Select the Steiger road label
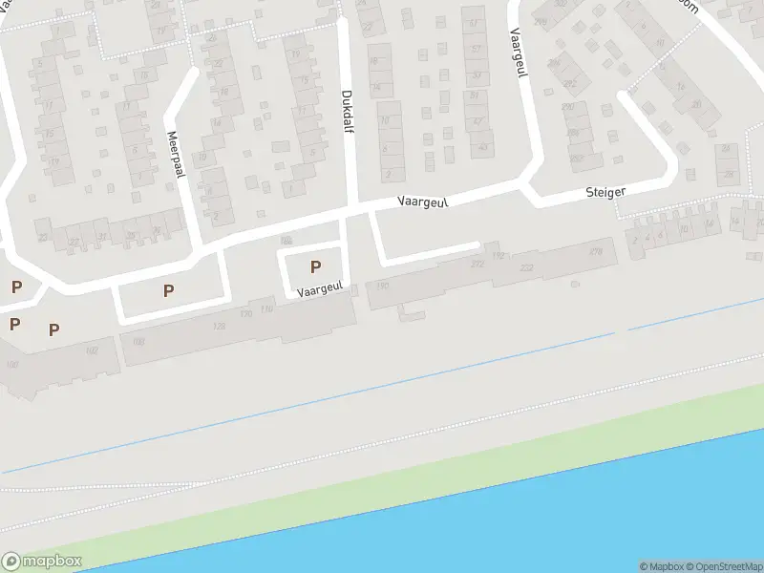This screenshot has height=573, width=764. pyautogui.click(x=605, y=192)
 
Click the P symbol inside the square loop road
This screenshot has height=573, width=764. pyautogui.click(x=315, y=267)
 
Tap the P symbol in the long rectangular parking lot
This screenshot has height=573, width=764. pyautogui.click(x=169, y=290)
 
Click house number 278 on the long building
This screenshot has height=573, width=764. pyautogui.click(x=596, y=252)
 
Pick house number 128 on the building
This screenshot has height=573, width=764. pyautogui.click(x=220, y=327)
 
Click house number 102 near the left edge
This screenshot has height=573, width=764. pyautogui.click(x=92, y=350)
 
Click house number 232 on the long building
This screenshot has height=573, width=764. pyautogui.click(x=526, y=268)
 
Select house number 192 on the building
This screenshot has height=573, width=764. pyautogui.click(x=498, y=256)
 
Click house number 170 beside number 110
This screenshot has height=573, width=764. pyautogui.click(x=245, y=313)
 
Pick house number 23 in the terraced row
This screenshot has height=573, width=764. pyautogui.click(x=42, y=237)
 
